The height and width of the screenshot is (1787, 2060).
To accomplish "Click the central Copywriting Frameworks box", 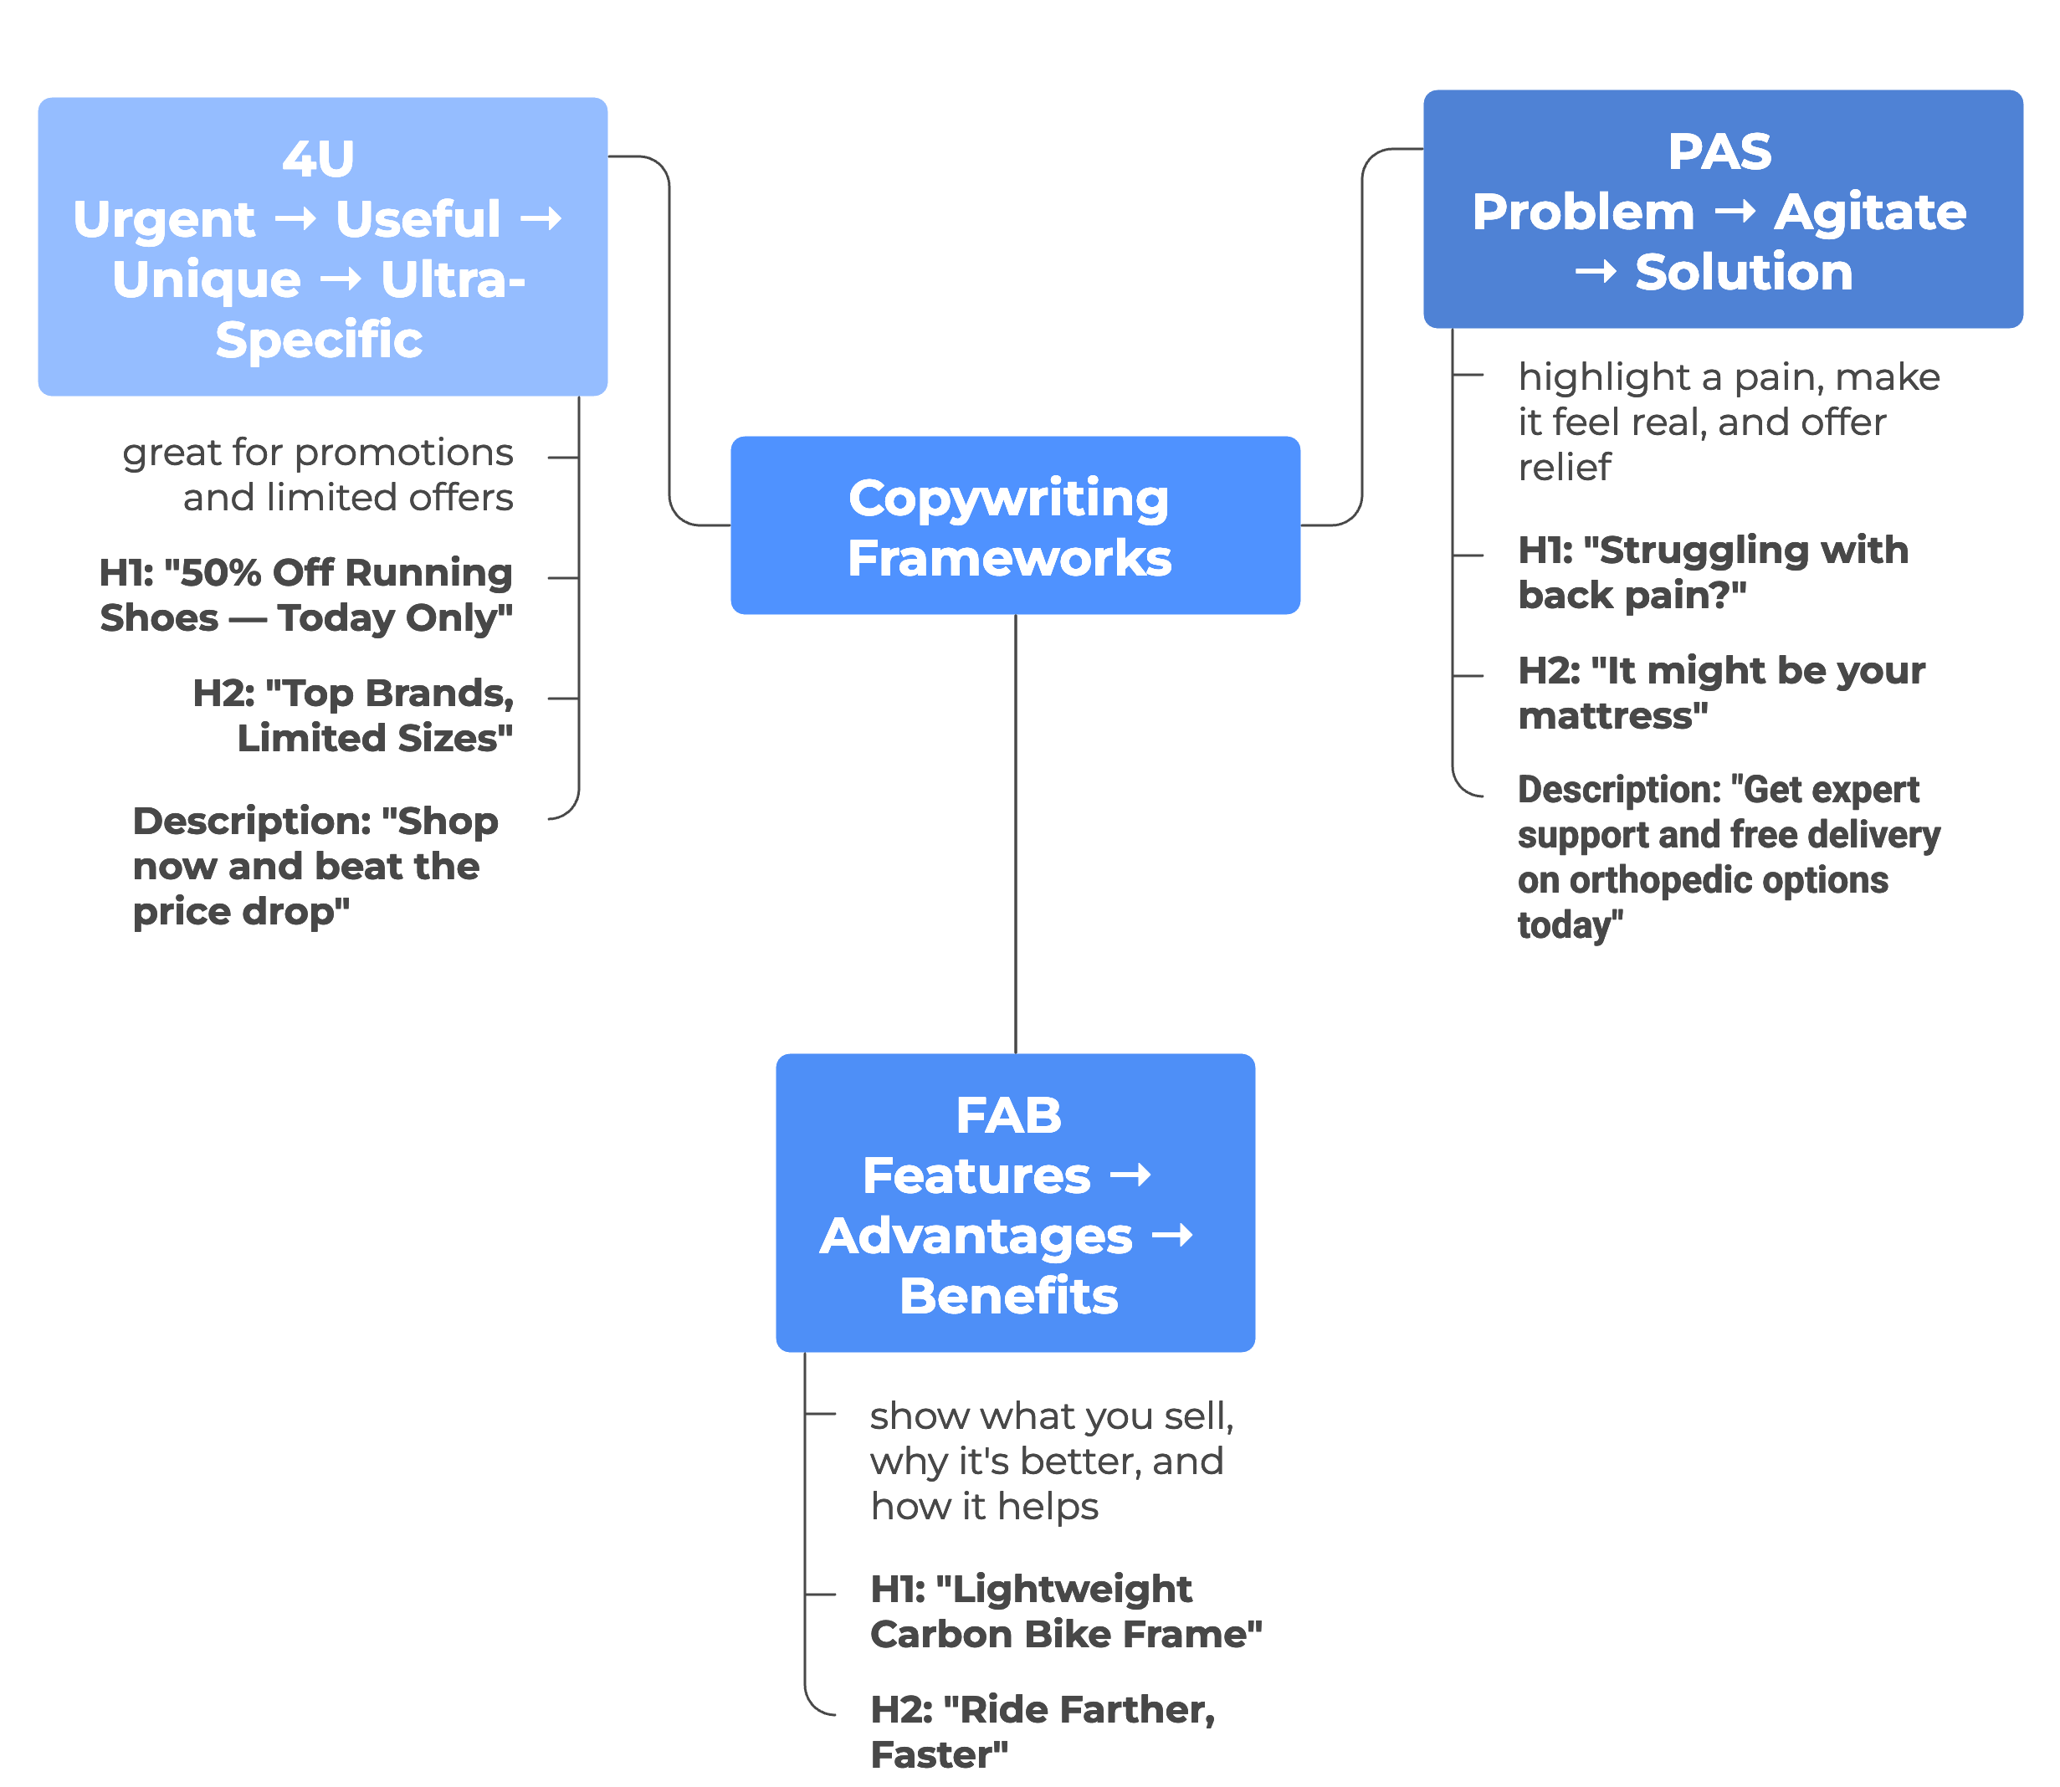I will tap(1015, 525).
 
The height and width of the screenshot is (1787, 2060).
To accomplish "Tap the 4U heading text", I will tap(318, 159).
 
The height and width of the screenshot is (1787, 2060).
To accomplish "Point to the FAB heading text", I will tap(1009, 1115).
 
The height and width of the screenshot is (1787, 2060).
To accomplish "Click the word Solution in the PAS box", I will tap(1744, 272).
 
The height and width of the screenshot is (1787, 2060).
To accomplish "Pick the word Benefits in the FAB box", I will tap(1009, 1297).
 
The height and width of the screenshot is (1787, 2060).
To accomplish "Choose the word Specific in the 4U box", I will tap(319, 340).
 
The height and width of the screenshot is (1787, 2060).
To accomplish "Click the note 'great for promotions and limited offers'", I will tap(318, 474).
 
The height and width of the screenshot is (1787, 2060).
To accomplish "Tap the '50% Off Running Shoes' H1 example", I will tap(306, 596).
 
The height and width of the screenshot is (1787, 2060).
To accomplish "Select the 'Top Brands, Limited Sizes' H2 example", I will tap(354, 715).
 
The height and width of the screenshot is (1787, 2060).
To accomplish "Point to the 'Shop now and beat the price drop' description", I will tap(315, 866).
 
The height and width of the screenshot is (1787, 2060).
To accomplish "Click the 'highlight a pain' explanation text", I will tap(1728, 422).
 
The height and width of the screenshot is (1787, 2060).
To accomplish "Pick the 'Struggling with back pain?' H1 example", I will tap(1712, 572).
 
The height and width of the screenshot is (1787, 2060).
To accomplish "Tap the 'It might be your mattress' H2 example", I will tap(1721, 693).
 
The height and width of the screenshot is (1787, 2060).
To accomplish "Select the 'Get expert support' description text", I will tap(1728, 857).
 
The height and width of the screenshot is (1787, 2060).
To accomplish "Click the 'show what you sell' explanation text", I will tap(1051, 1461).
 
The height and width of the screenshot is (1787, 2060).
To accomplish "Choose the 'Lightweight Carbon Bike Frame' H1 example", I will tap(1065, 1611).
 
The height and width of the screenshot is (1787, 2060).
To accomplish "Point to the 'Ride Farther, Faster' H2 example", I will tap(1042, 1731).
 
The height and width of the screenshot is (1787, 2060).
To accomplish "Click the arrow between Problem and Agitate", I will tap(1735, 212).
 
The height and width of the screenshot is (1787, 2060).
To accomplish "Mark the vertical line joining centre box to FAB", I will tap(1015, 833).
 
